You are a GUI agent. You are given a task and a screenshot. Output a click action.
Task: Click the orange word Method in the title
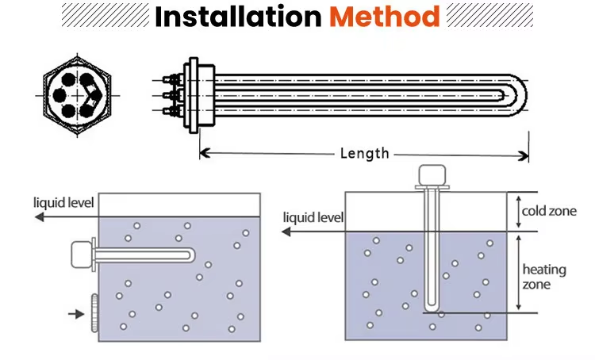tap(384, 17)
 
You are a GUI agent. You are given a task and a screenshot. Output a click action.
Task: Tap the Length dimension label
tap(364, 153)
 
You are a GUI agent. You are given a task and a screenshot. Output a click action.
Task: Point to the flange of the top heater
tap(193, 94)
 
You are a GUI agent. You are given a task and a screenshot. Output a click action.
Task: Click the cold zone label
tap(543, 212)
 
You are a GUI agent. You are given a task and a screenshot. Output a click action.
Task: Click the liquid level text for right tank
tap(313, 217)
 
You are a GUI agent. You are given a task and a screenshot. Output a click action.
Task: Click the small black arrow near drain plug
tap(76, 314)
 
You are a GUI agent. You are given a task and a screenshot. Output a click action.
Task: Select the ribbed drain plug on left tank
tap(93, 313)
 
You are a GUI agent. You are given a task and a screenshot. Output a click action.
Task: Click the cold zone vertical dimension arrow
tap(518, 212)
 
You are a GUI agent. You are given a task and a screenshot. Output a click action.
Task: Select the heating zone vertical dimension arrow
tap(518, 272)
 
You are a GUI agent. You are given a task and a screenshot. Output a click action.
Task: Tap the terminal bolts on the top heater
tap(171, 94)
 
